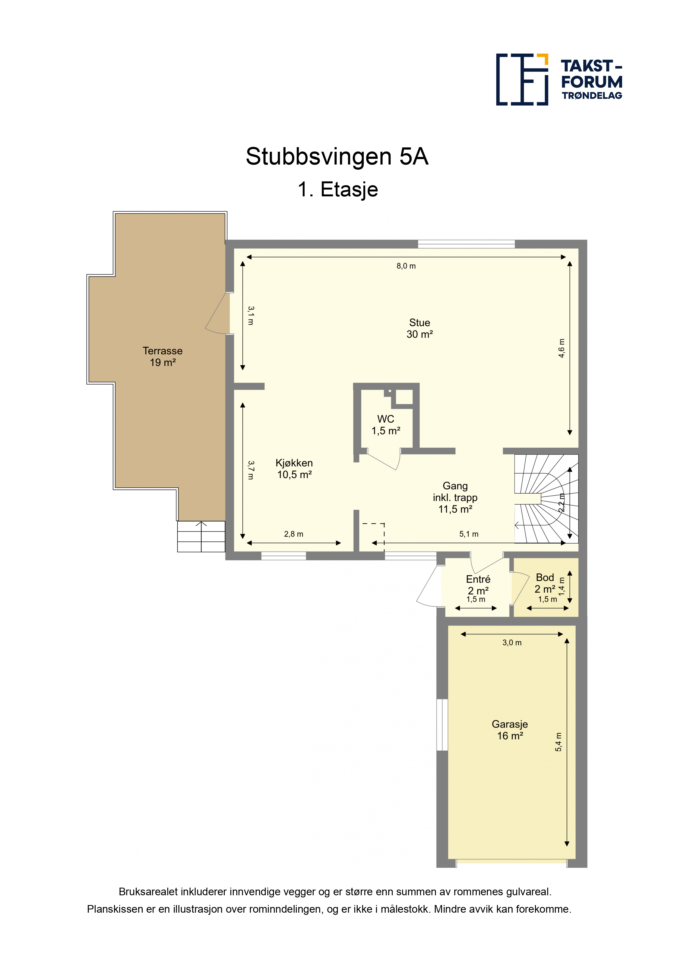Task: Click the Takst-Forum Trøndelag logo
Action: coord(559,79)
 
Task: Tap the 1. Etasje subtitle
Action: coord(338,190)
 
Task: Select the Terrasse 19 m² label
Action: coord(163,357)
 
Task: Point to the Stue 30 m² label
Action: coord(419,328)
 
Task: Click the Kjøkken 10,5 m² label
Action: coord(294,469)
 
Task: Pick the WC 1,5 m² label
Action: coord(386,425)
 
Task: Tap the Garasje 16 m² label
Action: coord(510,730)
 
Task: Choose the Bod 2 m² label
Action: coord(545,583)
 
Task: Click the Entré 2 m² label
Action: coord(478,585)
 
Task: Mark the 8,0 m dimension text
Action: coord(406,266)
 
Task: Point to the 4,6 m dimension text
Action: coord(561,348)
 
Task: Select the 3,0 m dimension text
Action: coord(512,643)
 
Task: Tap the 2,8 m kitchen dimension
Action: coord(294,534)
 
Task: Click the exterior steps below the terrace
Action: coord(201,536)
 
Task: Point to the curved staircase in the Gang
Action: coord(546,498)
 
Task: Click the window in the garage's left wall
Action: coord(442,725)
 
